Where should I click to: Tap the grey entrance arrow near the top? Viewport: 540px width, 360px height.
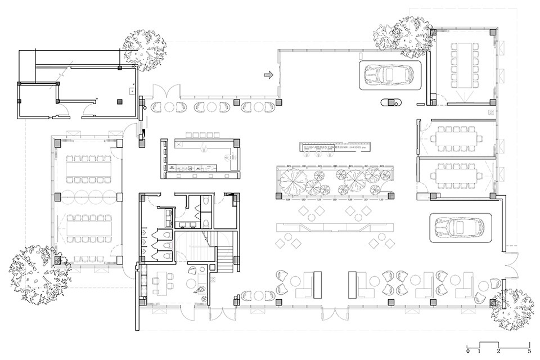[x=269, y=75]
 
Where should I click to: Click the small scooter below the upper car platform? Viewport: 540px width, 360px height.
[x=389, y=102]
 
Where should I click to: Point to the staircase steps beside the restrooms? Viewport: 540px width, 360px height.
[x=224, y=258]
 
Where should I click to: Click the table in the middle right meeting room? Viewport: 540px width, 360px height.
[x=457, y=137]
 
